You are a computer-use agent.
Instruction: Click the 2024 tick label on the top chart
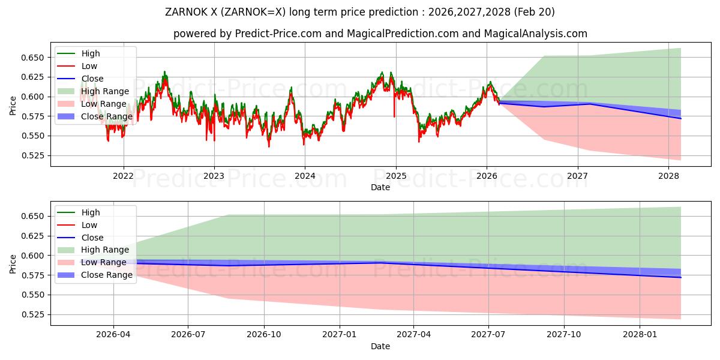305,176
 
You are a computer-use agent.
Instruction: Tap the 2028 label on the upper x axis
668,176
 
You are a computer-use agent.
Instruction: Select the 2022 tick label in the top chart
123,176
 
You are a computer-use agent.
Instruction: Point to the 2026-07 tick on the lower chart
188,335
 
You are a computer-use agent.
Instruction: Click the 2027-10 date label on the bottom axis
564,335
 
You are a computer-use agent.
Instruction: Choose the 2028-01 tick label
640,335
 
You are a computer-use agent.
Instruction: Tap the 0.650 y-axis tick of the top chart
32,58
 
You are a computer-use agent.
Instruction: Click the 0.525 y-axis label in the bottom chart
32,314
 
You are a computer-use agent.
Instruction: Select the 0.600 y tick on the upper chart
32,97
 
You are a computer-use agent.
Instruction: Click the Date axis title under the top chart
380,187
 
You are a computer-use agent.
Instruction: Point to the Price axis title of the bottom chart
13,264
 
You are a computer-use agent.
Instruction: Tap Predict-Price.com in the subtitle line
278,34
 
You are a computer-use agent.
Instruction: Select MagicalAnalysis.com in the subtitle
535,34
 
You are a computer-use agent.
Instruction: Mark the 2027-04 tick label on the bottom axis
413,335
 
